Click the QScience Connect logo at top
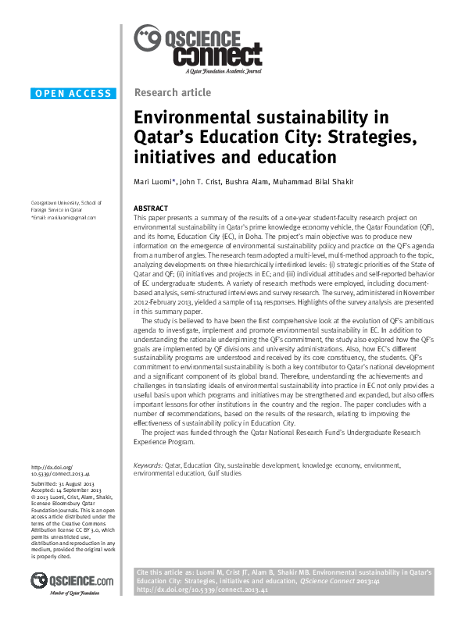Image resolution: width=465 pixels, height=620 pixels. tap(197, 45)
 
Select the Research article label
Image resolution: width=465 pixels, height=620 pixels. tap(173, 92)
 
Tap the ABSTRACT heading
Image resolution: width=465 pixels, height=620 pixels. tap(151, 209)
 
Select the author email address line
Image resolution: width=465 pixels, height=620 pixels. tap(64, 218)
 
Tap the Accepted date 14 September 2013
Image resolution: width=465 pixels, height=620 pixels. tap(66, 490)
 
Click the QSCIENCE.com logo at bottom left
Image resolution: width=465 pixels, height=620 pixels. tap(72, 581)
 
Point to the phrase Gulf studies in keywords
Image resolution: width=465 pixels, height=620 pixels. tap(224, 473)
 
